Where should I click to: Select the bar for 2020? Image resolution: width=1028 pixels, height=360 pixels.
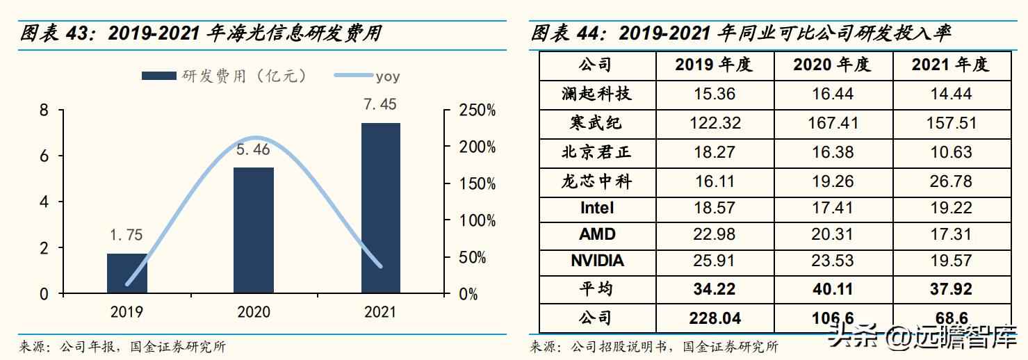tap(254, 230)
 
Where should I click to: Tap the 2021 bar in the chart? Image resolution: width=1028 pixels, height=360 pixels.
tap(381, 208)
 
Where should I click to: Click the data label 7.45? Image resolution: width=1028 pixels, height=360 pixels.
tap(381, 105)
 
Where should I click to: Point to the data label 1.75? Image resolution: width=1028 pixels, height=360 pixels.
tap(127, 236)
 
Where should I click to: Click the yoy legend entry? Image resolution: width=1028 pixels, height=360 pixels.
tap(366, 76)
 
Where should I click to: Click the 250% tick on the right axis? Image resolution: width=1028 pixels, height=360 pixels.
tap(478, 111)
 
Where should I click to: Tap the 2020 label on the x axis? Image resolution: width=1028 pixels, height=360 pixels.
tap(254, 313)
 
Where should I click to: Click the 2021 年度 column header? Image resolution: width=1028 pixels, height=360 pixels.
tap(950, 65)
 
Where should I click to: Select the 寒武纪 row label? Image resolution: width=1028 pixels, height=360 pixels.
tap(597, 123)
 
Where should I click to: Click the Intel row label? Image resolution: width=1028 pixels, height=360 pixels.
tap(597, 207)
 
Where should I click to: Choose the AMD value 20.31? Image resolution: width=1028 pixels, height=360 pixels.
tap(832, 234)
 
